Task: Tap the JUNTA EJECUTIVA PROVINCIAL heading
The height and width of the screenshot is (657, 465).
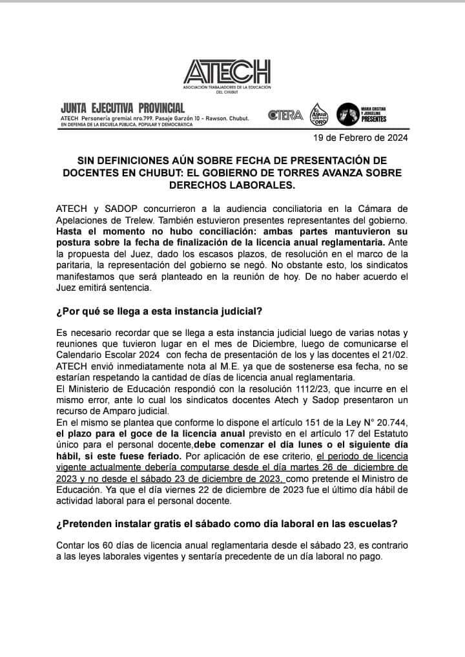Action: (123, 107)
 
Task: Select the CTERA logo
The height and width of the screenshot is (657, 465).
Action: (285, 115)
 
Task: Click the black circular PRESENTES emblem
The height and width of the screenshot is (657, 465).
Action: (349, 114)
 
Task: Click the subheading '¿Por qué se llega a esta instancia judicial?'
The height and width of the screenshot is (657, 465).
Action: (159, 311)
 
